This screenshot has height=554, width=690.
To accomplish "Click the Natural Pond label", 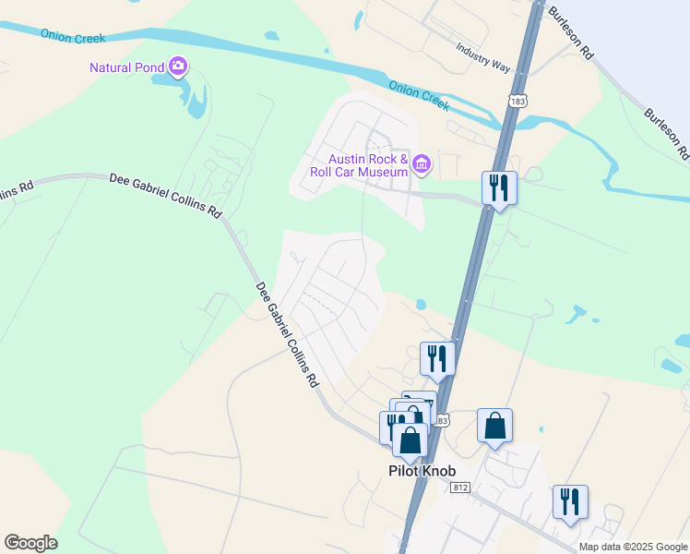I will click(x=126, y=66).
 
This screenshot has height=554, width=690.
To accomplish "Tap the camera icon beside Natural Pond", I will click(x=178, y=66).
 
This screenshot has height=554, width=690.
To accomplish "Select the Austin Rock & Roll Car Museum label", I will click(x=359, y=165).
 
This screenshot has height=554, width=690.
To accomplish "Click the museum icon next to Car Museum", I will click(x=422, y=165).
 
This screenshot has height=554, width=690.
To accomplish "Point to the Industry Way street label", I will click(x=482, y=57).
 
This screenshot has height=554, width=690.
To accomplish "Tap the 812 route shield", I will click(x=461, y=487).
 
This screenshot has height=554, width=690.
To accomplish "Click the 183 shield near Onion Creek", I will click(x=517, y=100).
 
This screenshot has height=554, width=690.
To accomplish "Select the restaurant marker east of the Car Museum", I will click(x=499, y=188).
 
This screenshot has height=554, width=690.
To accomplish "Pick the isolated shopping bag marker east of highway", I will click(x=494, y=427).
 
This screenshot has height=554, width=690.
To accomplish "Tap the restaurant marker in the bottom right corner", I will click(x=570, y=502).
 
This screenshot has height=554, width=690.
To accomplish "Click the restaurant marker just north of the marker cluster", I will click(x=437, y=358).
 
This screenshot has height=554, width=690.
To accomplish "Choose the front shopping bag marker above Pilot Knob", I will click(x=410, y=440).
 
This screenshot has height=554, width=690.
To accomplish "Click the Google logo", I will click(x=30, y=543).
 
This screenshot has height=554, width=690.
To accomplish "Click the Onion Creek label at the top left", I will click(x=73, y=36).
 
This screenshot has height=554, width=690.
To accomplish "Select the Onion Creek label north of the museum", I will click(x=419, y=94).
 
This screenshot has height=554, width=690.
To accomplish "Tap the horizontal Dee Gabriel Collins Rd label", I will click(x=166, y=194).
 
